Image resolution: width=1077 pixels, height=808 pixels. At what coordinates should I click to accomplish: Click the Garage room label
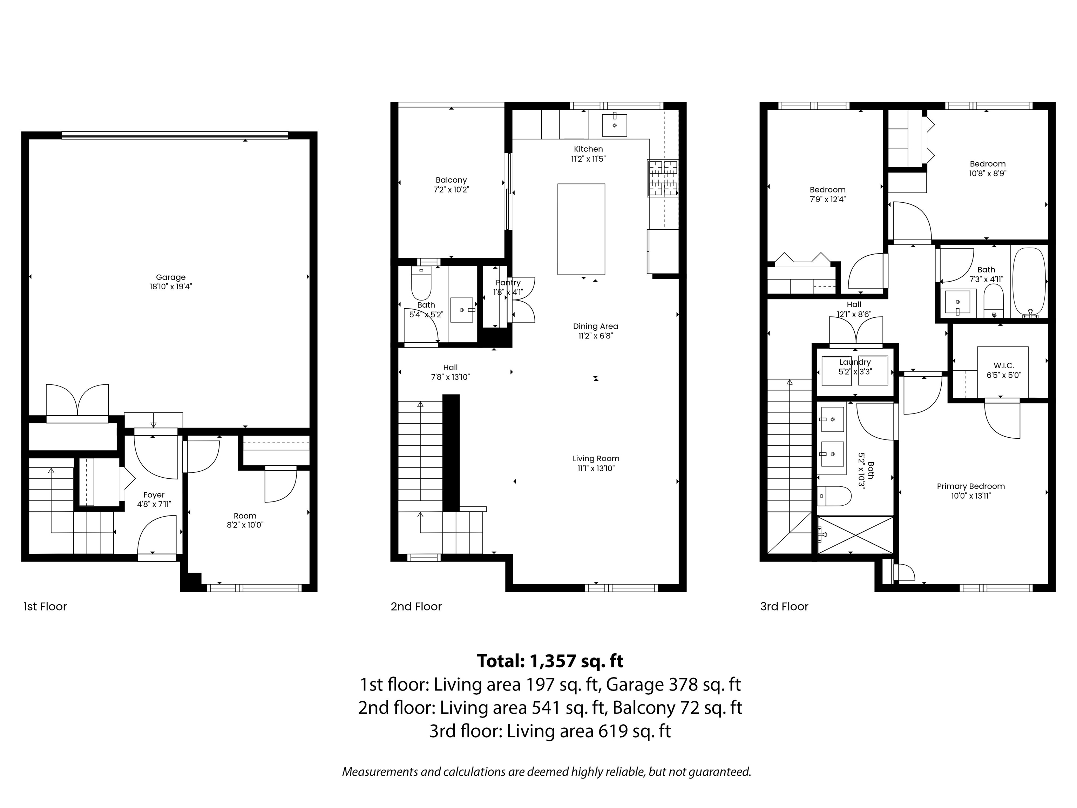pos(170,277)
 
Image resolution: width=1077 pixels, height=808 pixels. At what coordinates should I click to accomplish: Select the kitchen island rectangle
pos(581,229)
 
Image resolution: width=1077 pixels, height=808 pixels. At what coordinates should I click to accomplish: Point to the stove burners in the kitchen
pos(662,178)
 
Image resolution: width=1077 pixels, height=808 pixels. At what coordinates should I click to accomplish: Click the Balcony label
pos(451,180)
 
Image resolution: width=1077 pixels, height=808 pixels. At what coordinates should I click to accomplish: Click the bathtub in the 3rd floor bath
pos(1029,282)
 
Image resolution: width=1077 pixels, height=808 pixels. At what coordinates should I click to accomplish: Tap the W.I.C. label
pos(1003,365)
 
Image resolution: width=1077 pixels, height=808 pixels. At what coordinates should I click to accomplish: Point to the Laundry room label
pos(855,362)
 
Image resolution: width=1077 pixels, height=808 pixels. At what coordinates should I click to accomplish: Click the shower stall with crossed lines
pos(855,535)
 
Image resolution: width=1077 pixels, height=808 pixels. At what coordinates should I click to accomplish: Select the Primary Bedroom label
pos(971,486)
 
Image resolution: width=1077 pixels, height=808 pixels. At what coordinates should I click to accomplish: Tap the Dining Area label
pos(595,326)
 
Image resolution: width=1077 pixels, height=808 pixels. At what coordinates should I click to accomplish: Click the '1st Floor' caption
pos(45,606)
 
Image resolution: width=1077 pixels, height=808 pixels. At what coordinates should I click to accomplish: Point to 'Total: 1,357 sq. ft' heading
pos(550,661)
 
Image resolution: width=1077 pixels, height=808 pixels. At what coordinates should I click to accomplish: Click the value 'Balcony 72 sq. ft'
pos(677,707)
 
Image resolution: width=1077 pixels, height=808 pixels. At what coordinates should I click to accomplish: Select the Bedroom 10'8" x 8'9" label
pos(987,164)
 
